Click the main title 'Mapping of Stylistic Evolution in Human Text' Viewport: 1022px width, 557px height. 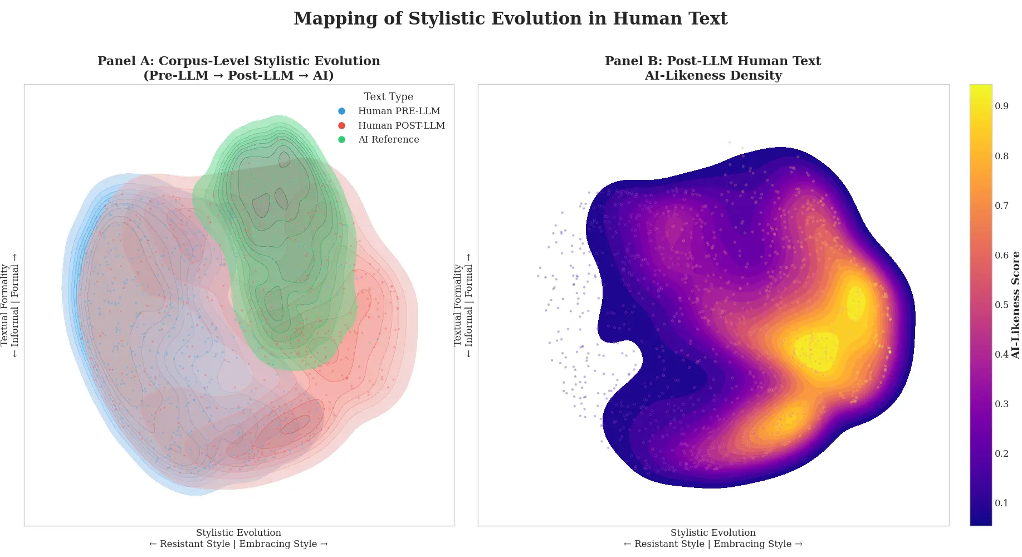click(x=510, y=19)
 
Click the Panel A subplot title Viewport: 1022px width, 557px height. click(x=238, y=68)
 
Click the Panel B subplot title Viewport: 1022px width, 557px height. click(x=713, y=68)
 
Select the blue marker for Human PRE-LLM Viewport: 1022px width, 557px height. click(x=341, y=111)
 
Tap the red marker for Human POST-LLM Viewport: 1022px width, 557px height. click(x=341, y=126)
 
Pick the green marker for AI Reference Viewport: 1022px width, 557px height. click(x=341, y=140)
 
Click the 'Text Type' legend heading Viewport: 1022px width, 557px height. click(x=388, y=97)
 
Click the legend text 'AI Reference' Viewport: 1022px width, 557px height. click(x=388, y=140)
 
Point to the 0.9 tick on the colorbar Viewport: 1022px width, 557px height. click(x=1001, y=106)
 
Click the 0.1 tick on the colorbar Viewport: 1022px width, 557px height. click(x=1001, y=504)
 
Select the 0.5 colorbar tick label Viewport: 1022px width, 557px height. click(x=1001, y=305)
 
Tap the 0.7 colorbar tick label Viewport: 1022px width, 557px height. click(x=1001, y=206)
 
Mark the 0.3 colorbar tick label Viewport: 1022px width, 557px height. click(x=1001, y=404)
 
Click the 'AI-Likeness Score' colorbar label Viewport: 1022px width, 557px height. click(x=1015, y=305)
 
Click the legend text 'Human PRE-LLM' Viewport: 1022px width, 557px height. click(x=399, y=111)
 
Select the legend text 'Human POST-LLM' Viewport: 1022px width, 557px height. click(x=401, y=126)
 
